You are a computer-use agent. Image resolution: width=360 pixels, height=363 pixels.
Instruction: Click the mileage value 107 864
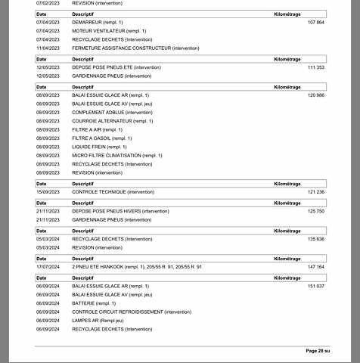pos(316,23)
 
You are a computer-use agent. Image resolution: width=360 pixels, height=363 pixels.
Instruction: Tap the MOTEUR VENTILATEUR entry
pos(109,31)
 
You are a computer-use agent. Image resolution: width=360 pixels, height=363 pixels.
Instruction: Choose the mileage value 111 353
pos(316,67)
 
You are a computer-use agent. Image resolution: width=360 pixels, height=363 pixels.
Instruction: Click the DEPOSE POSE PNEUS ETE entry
pos(116,67)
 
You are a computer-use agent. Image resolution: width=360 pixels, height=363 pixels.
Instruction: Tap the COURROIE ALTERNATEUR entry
pos(112,121)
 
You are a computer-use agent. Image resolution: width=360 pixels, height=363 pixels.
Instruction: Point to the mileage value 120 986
pos(316,96)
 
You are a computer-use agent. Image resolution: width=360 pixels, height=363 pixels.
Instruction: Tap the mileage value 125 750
pos(316,211)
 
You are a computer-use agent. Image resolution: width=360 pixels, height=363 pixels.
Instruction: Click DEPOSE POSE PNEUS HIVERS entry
pos(120,211)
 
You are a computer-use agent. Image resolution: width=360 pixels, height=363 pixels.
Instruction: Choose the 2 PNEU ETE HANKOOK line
pos(137,267)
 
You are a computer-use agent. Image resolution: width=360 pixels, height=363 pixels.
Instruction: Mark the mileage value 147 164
pos(316,267)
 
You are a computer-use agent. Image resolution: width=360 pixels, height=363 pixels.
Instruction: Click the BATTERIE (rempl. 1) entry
pos(95,303)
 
